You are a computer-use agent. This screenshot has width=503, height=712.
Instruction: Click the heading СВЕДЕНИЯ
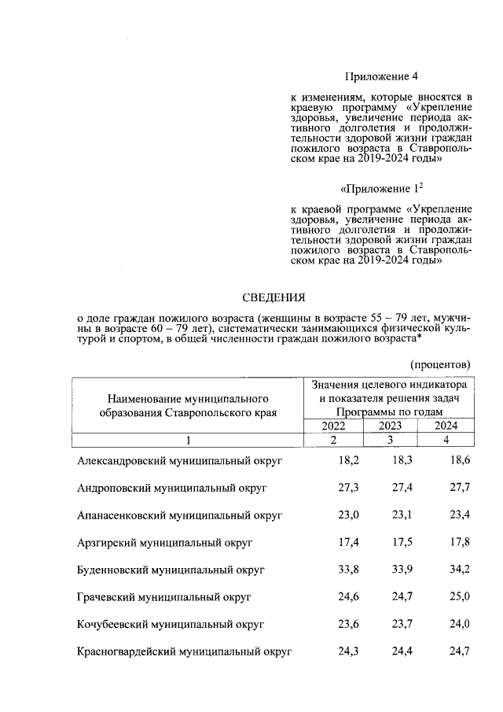pyautogui.click(x=272, y=297)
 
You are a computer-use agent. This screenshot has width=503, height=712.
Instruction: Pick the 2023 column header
pyautogui.click(x=390, y=426)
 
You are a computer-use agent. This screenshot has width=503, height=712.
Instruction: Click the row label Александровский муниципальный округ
pyautogui.click(x=179, y=459)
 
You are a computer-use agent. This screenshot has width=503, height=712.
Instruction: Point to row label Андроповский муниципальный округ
pyautogui.click(x=172, y=488)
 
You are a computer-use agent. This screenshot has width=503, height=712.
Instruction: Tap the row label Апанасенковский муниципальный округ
pyautogui.click(x=179, y=516)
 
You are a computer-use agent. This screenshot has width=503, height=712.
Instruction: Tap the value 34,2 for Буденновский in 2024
pyautogui.click(x=458, y=569)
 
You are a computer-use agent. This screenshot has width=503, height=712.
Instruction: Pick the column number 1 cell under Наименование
pyautogui.click(x=189, y=440)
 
